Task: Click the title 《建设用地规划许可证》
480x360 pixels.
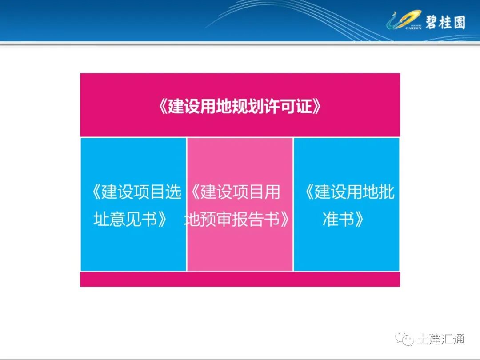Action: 240,107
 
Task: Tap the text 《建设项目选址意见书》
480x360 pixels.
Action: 133,205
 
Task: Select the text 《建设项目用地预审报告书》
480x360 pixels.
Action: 240,205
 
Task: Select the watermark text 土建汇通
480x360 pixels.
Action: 440,340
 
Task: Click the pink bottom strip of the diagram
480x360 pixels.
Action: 240,279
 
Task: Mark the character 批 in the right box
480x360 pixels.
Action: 387,192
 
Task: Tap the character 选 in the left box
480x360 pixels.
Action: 174,192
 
